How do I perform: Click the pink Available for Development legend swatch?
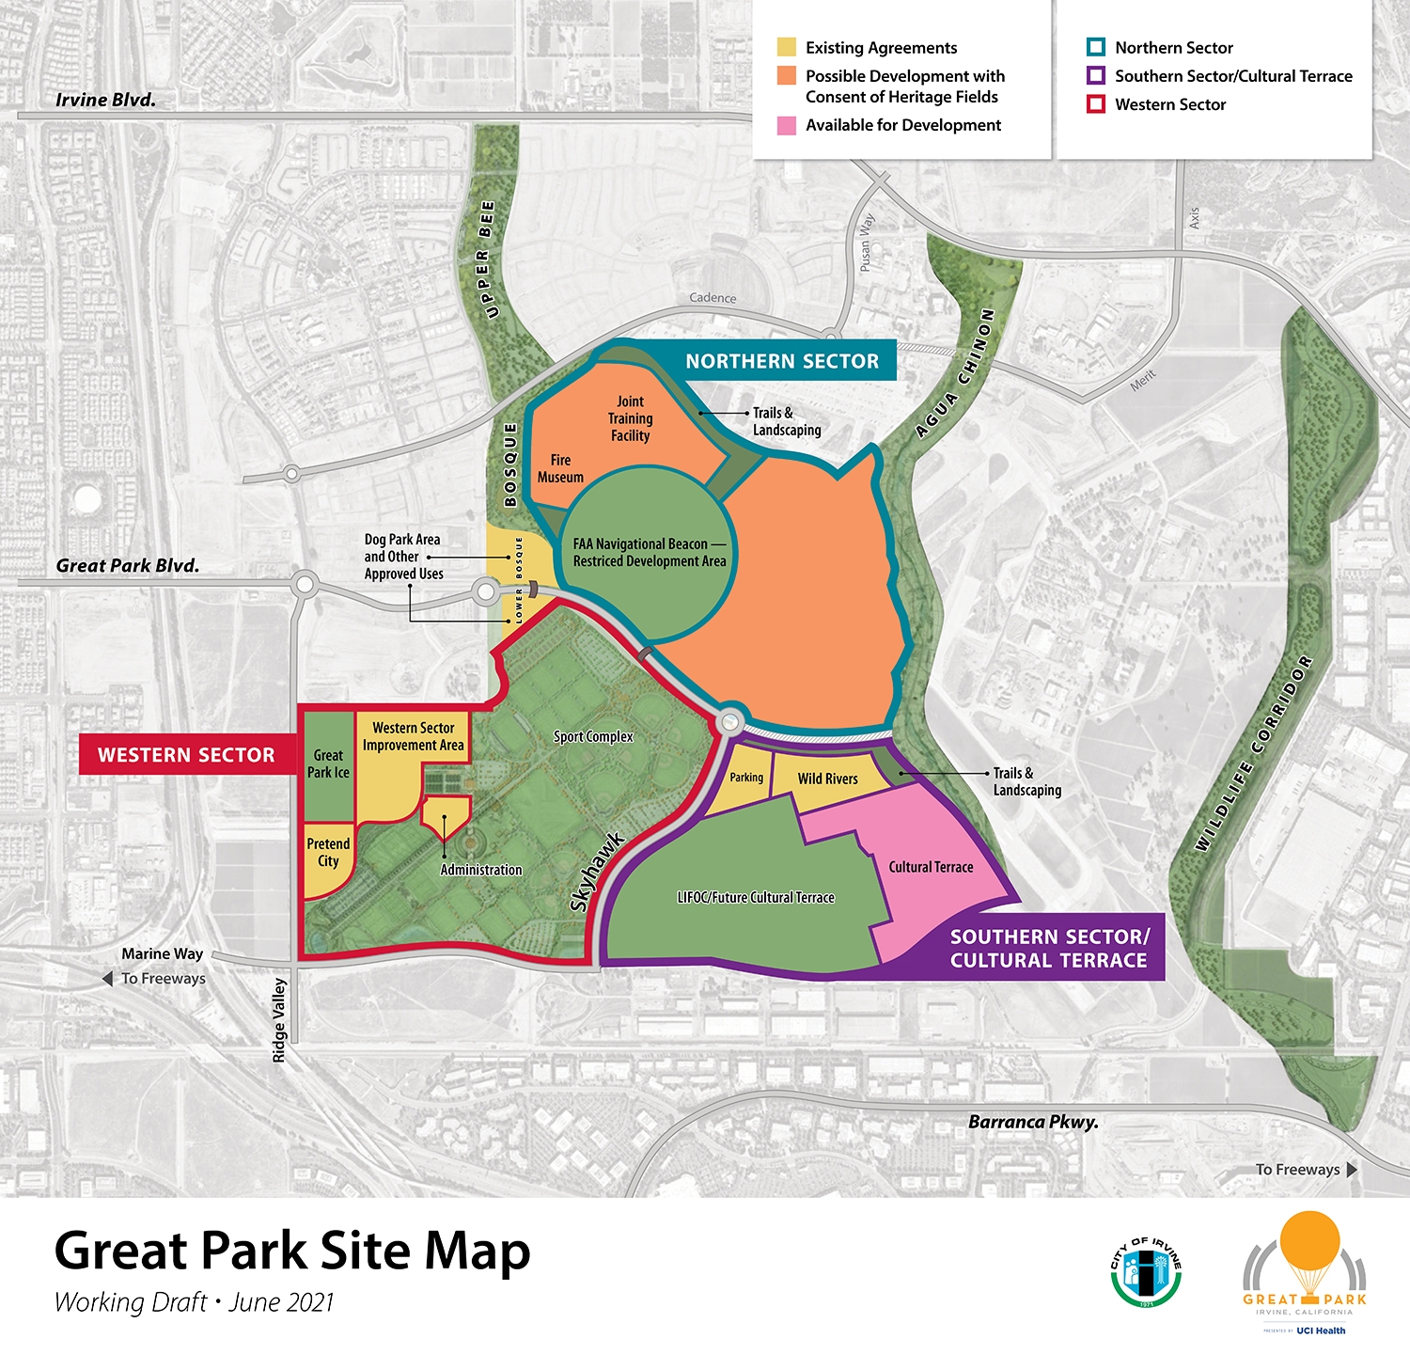point(787,126)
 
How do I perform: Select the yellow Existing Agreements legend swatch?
point(787,48)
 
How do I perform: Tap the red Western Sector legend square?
point(1095,104)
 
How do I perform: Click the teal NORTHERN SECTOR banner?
point(781,361)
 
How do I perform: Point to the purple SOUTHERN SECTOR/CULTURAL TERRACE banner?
point(1048,948)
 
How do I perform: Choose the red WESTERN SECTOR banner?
point(186,755)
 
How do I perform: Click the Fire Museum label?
point(560,468)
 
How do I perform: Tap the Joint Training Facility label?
point(630,418)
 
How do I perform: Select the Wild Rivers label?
point(827,779)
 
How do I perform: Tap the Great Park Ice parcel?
point(328,764)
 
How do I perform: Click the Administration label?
point(480,870)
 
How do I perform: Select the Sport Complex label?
point(593,737)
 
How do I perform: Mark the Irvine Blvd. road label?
point(105,100)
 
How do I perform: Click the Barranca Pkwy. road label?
point(1033,1122)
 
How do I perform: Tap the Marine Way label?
point(162,953)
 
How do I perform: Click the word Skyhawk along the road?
point(597,872)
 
